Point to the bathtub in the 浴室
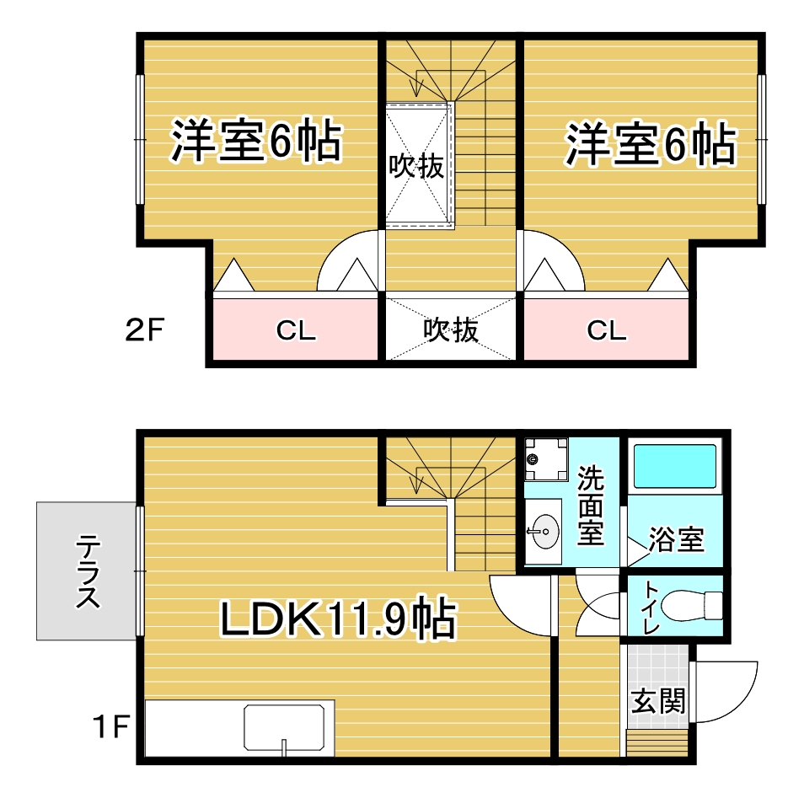pos(674,466)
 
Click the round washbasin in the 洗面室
pos(544,531)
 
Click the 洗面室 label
pos(590,506)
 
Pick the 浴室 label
pos(676,540)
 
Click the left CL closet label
pos(296,331)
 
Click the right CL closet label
pos(607,331)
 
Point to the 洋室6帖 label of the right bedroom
pos(650,145)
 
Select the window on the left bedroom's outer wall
pos(140,139)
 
